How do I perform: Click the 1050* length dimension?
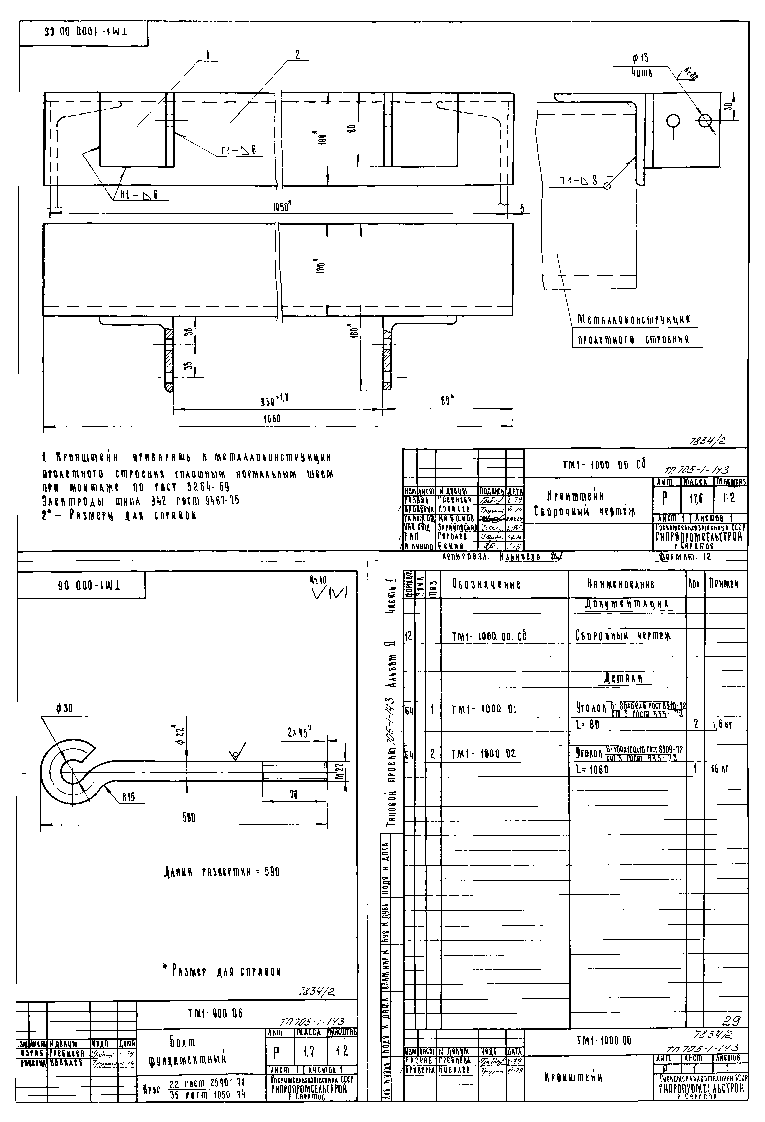(282, 207)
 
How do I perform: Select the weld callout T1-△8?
(578, 181)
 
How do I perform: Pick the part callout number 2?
(297, 55)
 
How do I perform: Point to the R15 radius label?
(128, 798)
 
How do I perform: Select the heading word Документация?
(627, 604)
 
